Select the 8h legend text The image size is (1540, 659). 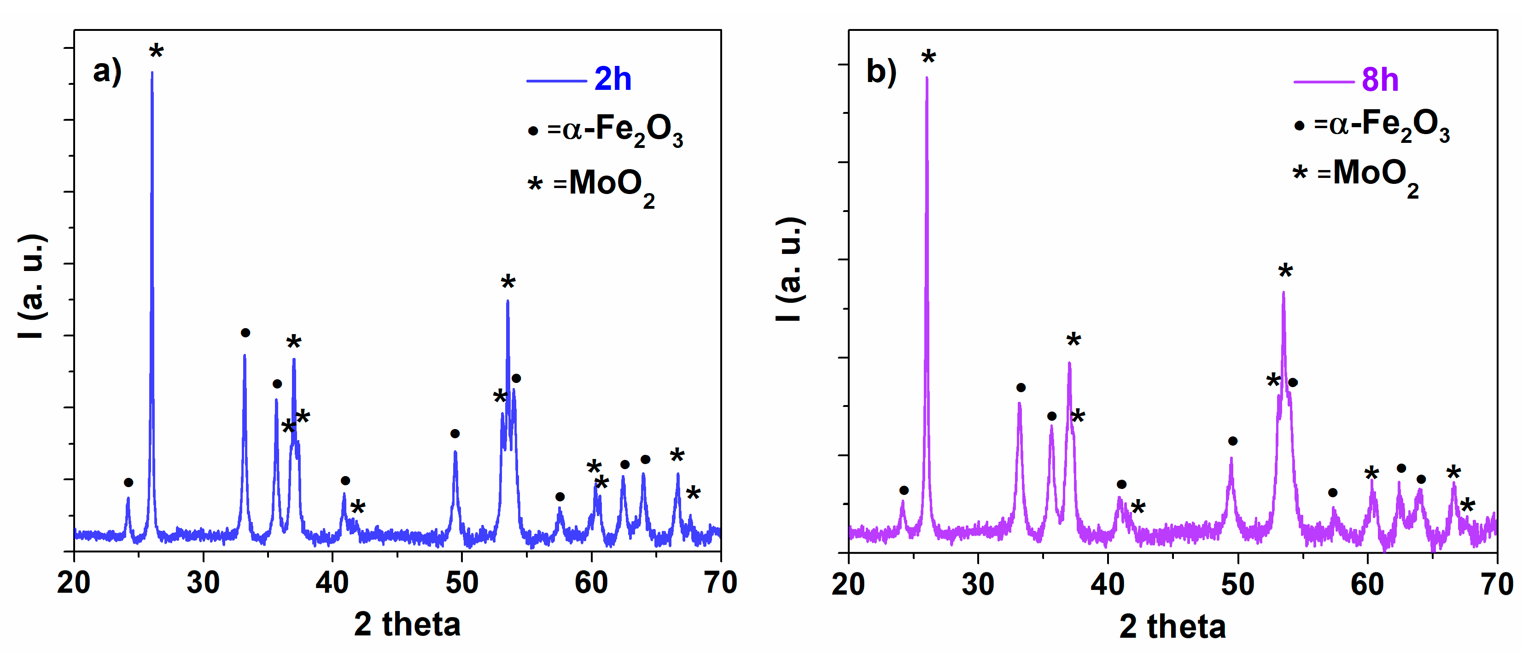pyautogui.click(x=1380, y=80)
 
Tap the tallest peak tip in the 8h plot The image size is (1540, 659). pyautogui.click(x=927, y=78)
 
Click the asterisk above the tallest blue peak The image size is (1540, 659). pyautogui.click(x=156, y=52)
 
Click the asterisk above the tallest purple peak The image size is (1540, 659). pyautogui.click(x=928, y=58)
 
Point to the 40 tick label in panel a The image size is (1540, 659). pyautogui.click(x=332, y=583)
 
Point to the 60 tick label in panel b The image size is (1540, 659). pyautogui.click(x=1367, y=583)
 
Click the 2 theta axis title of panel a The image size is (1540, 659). pyautogui.click(x=407, y=624)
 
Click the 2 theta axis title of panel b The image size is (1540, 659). pyautogui.click(x=1172, y=626)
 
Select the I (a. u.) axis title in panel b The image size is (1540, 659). pyautogui.click(x=790, y=269)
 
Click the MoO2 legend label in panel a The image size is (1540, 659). pyautogui.click(x=611, y=185)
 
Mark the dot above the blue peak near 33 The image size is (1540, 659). pyautogui.click(x=245, y=332)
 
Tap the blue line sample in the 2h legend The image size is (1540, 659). pyautogui.click(x=556, y=81)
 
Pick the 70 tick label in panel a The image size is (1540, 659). pyautogui.click(x=720, y=583)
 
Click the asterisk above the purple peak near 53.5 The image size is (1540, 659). pyautogui.click(x=1285, y=271)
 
